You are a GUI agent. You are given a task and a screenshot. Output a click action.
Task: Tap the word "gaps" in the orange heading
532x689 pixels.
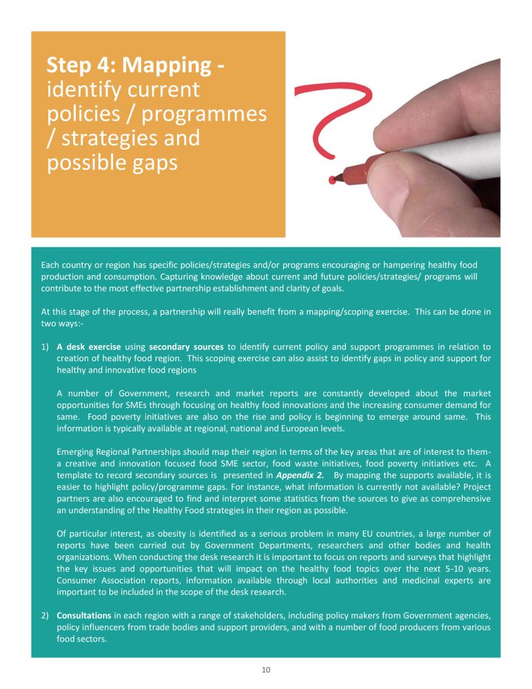point(152,163)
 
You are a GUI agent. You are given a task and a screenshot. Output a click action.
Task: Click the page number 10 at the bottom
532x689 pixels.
point(265,670)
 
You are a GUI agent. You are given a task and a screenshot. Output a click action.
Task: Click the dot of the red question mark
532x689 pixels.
point(333,181)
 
